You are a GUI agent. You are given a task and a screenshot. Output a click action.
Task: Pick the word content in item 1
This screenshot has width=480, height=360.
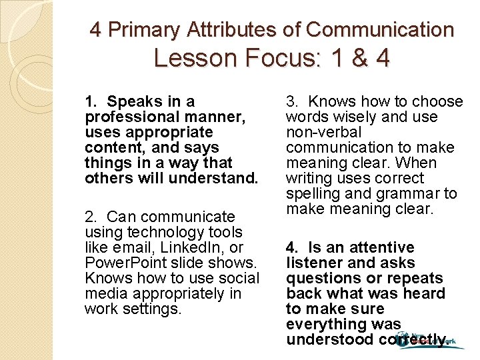111,148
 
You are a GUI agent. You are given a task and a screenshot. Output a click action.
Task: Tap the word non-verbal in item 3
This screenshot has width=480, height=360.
323,133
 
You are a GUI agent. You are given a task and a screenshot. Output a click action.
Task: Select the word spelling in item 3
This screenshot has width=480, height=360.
313,194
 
